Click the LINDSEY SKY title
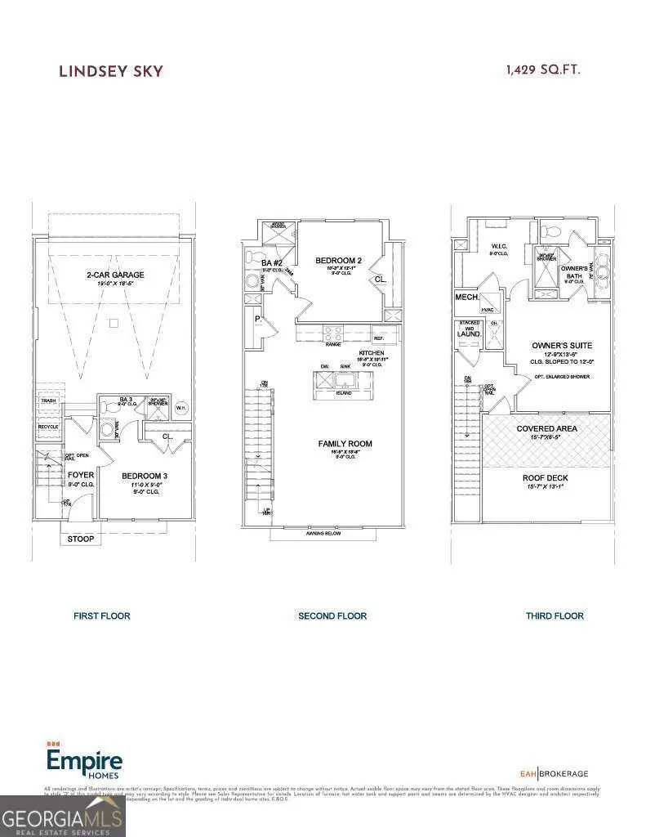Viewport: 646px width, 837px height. pos(110,71)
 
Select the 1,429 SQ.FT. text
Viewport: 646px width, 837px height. pos(543,70)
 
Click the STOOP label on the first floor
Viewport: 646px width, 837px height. pos(80,539)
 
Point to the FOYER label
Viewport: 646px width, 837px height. pos(81,475)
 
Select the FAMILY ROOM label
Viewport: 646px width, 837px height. pos(345,444)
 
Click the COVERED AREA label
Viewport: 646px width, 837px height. pos(547,428)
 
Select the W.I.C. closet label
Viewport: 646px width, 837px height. pos(499,244)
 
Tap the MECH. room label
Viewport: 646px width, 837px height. pos(467,298)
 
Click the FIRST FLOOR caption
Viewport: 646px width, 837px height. pos(101,615)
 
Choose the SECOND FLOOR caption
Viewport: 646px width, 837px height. pos(332,615)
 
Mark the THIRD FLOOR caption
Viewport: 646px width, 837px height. pos(555,615)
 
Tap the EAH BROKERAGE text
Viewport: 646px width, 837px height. pos(554,773)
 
